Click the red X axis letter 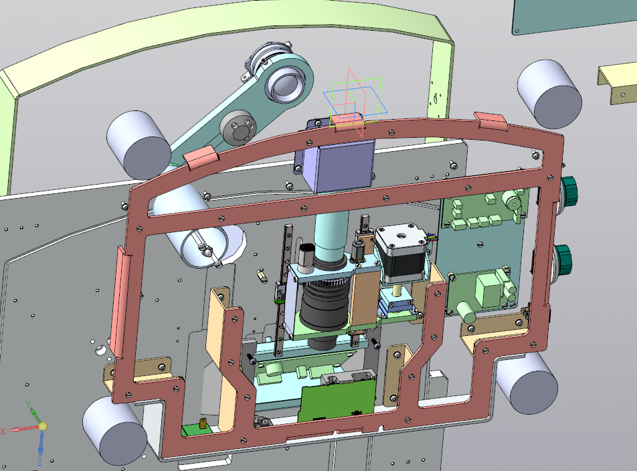click(3, 431)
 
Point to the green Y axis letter click(28, 404)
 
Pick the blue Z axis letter click(39, 462)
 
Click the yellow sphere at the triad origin click(43, 426)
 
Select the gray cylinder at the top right click(549, 94)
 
